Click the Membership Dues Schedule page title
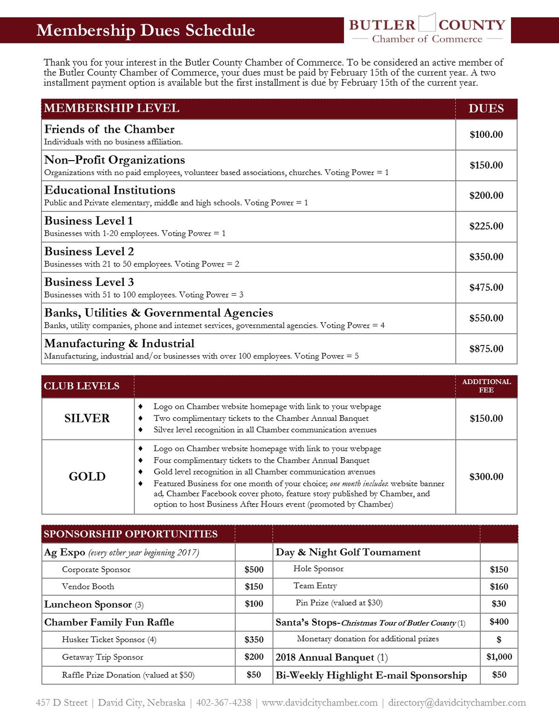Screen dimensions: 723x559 pos(145,30)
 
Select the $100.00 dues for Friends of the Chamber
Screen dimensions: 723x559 pos(486,135)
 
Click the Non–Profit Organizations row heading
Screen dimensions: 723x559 pos(115,160)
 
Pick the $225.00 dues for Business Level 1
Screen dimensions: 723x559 pos(486,226)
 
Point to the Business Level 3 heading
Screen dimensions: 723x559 pos(89,282)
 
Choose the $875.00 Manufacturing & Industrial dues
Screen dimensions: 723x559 pos(486,349)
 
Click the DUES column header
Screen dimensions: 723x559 pos(486,108)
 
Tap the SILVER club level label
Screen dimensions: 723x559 pos(87,418)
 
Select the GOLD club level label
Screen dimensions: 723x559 pos(87,476)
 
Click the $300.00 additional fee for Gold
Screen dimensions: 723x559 pos(486,477)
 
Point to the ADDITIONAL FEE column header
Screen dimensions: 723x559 pos(486,385)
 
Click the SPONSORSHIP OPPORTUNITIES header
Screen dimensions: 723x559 pos(130,534)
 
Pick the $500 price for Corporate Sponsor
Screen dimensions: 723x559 pos(254,569)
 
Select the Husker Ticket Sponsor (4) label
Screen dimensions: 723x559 pos(109,640)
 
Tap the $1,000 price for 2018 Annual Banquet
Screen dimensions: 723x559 pos(499,657)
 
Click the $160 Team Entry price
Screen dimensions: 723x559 pos(499,587)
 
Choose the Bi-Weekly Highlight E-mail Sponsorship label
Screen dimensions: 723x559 pos(371,675)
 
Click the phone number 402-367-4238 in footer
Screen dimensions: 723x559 pos(224,703)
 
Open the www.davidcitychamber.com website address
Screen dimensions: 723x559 pos(320,703)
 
